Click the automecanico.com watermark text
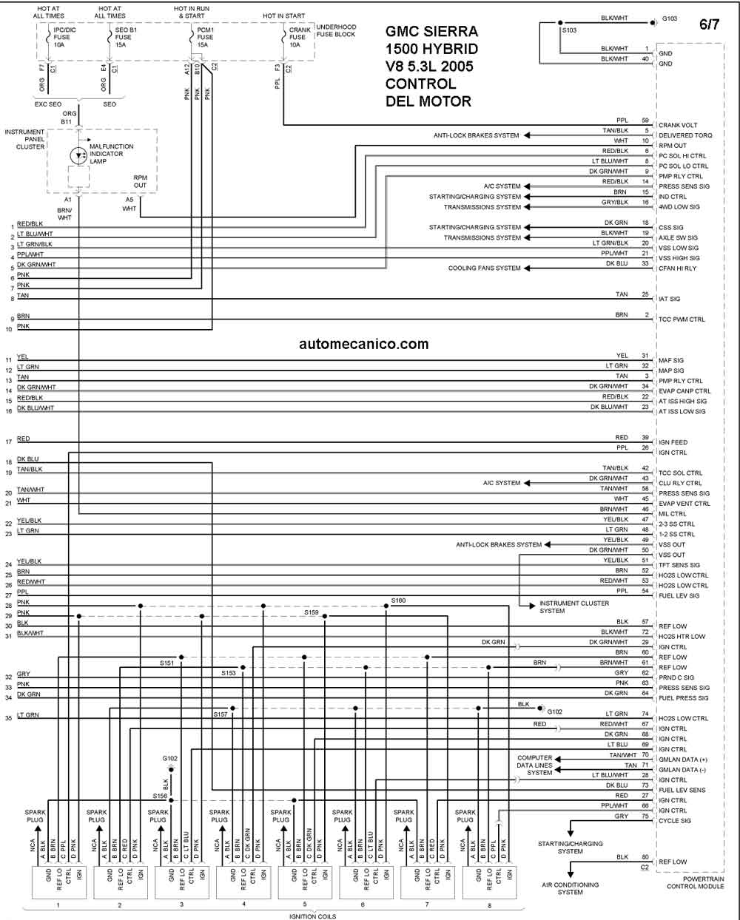coord(363,344)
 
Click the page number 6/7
coord(709,24)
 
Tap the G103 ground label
coord(670,18)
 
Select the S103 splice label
coord(569,30)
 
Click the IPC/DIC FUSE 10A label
coord(64,37)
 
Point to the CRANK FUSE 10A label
coord(300,37)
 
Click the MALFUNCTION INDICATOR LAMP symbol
coord(78,155)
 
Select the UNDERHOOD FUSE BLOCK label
coord(336,30)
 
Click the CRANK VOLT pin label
coord(678,125)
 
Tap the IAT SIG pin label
coord(670,299)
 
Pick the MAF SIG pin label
coord(671,360)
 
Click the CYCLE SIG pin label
coord(675,821)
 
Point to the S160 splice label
coord(398,601)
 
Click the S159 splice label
coord(312,612)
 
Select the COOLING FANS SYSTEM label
coord(484,268)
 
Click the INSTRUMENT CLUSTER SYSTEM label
coord(574,607)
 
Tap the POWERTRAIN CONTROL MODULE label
coord(695,883)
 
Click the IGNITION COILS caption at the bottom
coord(313,916)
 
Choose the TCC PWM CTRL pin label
coord(682,319)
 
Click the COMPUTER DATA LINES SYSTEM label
coord(535,765)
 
